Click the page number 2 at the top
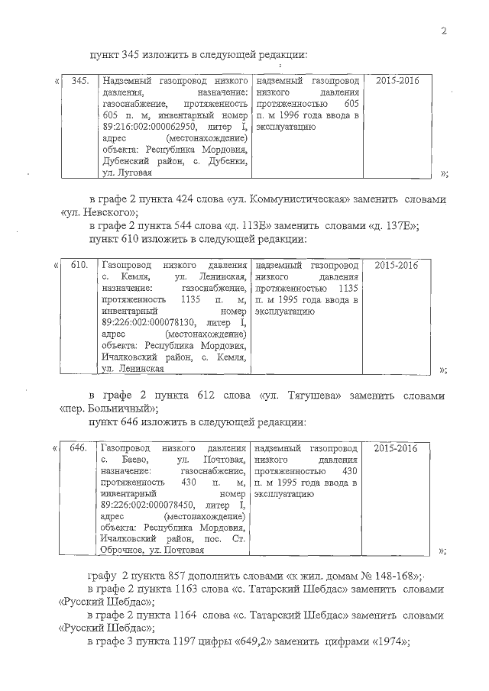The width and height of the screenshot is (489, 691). [443, 31]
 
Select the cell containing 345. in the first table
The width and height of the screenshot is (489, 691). [79, 80]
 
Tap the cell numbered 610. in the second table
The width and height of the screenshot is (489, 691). [79, 265]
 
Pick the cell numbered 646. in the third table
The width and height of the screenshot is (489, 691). [79, 447]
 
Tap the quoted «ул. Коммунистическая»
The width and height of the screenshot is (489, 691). [290, 200]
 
